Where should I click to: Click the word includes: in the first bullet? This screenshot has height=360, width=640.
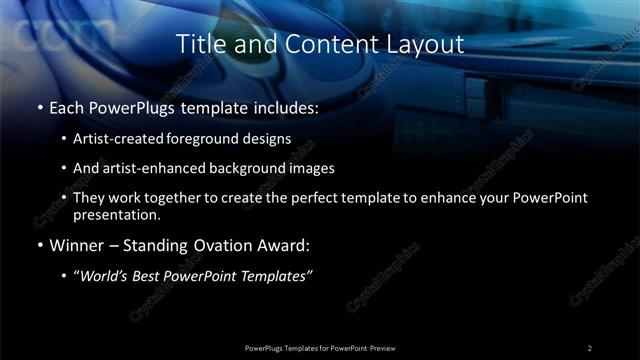(x=288, y=107)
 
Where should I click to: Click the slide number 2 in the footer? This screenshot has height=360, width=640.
(x=590, y=347)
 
